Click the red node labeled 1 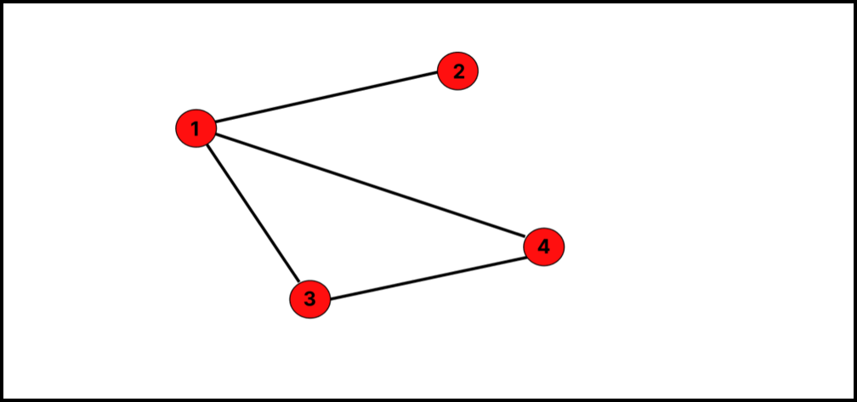[x=196, y=129]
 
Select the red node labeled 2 [x=458, y=71]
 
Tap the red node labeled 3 [x=309, y=299]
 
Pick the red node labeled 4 [x=543, y=247]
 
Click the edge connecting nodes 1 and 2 [x=327, y=100]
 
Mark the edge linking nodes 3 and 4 [x=427, y=274]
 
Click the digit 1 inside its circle [x=196, y=129]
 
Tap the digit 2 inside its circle [x=458, y=71]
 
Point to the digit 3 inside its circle [x=309, y=299]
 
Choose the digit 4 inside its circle [x=543, y=247]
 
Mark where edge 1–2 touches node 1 [x=216, y=125]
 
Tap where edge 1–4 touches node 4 [x=525, y=241]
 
